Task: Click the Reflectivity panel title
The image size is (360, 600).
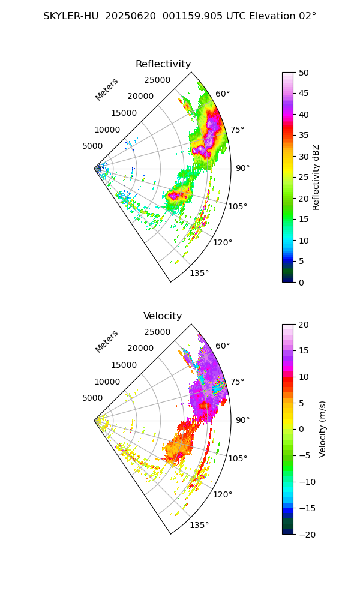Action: [x=163, y=64]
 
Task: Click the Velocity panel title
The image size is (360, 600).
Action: [x=163, y=316]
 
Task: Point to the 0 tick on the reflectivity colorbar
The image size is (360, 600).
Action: [x=302, y=282]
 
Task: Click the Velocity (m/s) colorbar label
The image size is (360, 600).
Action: [x=323, y=429]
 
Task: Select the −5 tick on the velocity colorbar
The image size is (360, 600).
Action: [x=305, y=455]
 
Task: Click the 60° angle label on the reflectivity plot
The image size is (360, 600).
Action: [x=223, y=94]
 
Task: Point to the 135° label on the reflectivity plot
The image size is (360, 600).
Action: [x=199, y=274]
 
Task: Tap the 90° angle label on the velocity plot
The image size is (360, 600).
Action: [x=242, y=420]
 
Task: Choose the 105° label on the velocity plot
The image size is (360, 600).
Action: [x=238, y=458]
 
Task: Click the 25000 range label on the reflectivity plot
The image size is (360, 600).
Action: [x=157, y=80]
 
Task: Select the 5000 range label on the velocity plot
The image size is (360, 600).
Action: [x=94, y=398]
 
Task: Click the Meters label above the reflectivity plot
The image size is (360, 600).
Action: [x=107, y=89]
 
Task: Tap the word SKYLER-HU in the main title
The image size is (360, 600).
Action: [x=71, y=16]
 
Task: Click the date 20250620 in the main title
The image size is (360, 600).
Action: [x=128, y=16]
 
